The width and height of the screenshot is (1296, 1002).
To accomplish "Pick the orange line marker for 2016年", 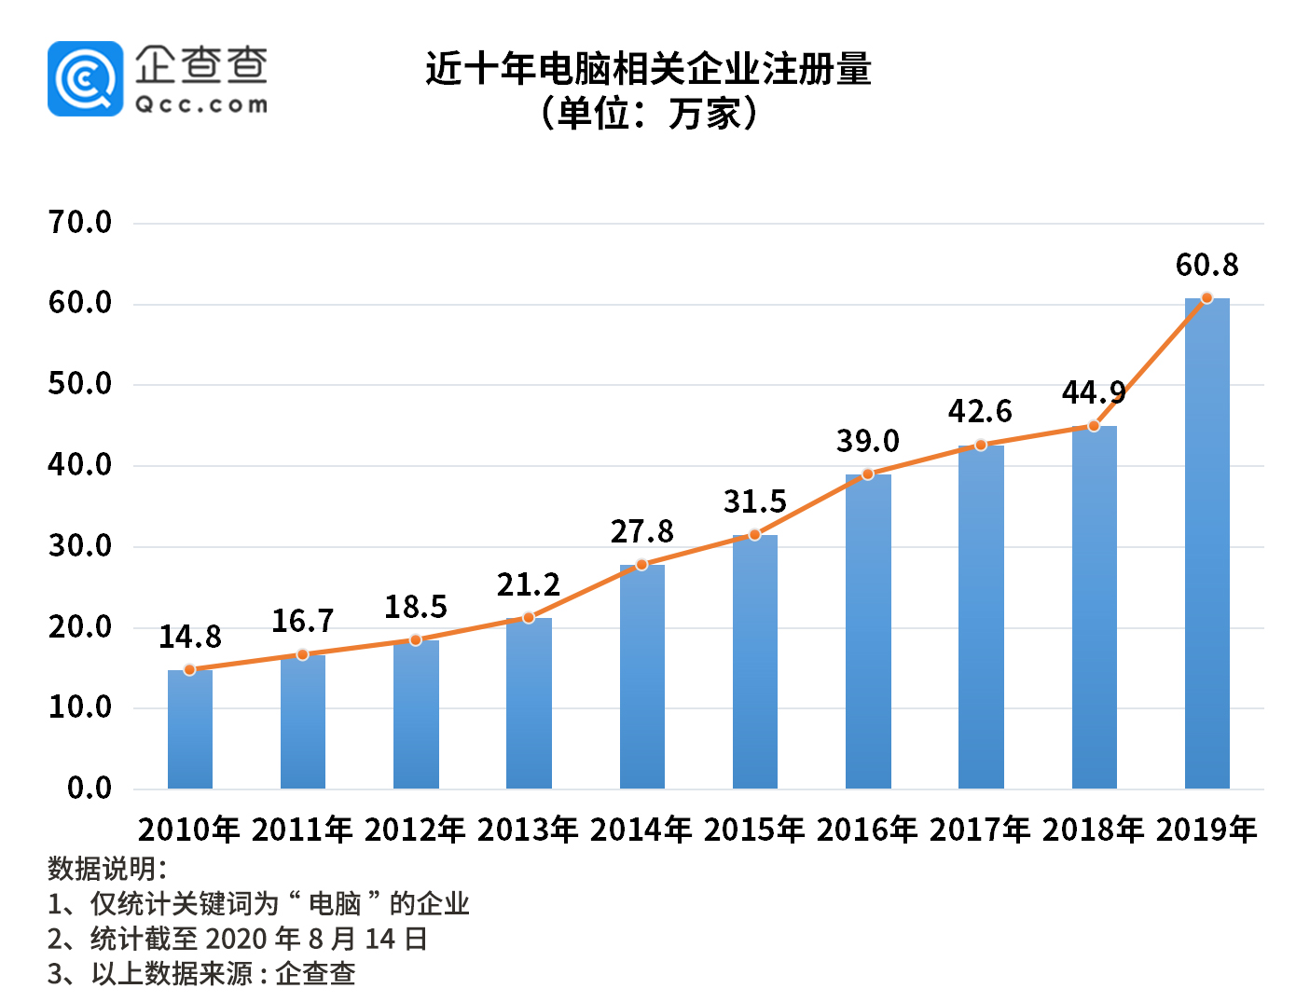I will (867, 474).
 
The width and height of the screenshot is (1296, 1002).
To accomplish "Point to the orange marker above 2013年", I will (529, 618).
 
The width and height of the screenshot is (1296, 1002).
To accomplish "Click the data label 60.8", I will (1206, 266).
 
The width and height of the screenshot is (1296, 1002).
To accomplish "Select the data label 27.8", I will (641, 532).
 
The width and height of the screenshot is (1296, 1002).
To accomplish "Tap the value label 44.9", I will (1093, 393).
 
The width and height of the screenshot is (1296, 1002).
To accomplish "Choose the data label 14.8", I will (190, 638).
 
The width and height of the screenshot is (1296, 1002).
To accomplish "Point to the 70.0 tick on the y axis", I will (80, 223).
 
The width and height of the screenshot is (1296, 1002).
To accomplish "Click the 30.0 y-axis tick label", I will (80, 546).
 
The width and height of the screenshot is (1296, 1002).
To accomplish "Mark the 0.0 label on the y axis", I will (90, 789).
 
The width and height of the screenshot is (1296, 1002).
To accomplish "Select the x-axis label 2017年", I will (980, 829).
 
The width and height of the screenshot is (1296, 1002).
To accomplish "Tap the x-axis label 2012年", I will (415, 829).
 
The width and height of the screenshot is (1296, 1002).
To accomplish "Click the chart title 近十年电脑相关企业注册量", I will (648, 70).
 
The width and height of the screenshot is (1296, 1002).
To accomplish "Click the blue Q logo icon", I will (85, 79).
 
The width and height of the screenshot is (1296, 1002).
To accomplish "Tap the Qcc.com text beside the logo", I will (201, 104).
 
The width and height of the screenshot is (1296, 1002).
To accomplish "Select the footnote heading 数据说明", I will (107, 869).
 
